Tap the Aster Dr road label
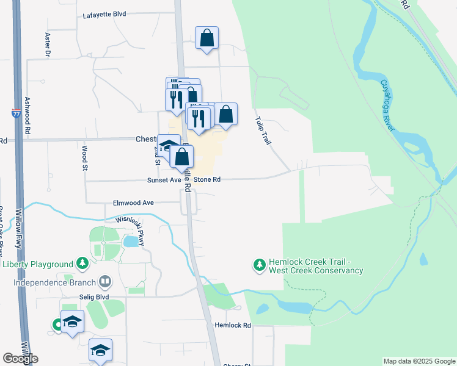pos(47,45)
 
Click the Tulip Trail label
pos(263,130)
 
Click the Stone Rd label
pos(207,180)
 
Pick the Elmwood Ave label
pos(133,203)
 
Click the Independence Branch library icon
pos(106,282)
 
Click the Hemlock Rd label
pos(233,325)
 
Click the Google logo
pos(20,359)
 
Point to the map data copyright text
pos(420,361)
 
